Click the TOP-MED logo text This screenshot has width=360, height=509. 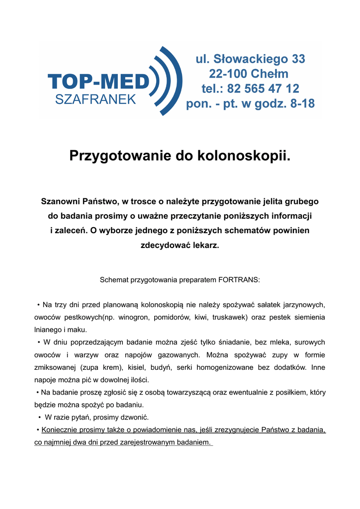[98, 82]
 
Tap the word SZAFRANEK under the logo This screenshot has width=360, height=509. [95, 99]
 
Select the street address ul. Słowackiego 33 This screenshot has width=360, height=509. [250, 59]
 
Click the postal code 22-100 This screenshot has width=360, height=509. [230, 74]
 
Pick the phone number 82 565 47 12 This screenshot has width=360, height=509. [263, 89]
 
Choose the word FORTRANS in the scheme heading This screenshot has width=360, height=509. [239, 280]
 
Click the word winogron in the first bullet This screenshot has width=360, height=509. [134, 317]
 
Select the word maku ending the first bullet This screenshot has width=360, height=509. [80, 330]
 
